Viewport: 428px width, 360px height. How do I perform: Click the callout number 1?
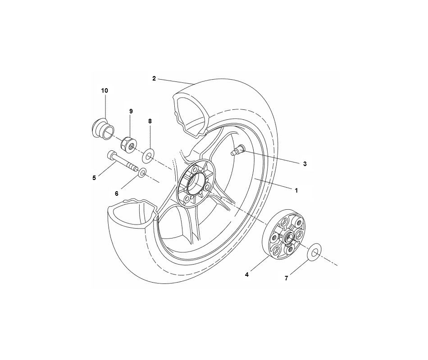296,191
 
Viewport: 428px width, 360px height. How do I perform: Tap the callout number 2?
154,78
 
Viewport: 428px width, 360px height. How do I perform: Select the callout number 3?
305,164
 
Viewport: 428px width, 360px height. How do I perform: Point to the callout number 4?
247,274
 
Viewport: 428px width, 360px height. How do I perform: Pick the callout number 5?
94,178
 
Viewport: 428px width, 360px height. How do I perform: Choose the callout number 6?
116,193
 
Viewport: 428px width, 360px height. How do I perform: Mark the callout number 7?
286,278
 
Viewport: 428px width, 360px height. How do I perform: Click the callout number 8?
150,121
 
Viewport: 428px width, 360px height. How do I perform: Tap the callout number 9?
131,111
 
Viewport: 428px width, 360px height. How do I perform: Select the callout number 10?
105,90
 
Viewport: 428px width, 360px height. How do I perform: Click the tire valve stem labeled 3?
237,151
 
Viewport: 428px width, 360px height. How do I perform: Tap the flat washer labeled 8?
148,157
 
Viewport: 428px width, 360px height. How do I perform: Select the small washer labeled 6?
142,172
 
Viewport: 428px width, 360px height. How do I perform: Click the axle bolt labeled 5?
122,162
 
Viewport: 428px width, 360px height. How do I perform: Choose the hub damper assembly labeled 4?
284,237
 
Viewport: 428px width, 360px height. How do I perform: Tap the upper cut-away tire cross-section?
189,112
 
